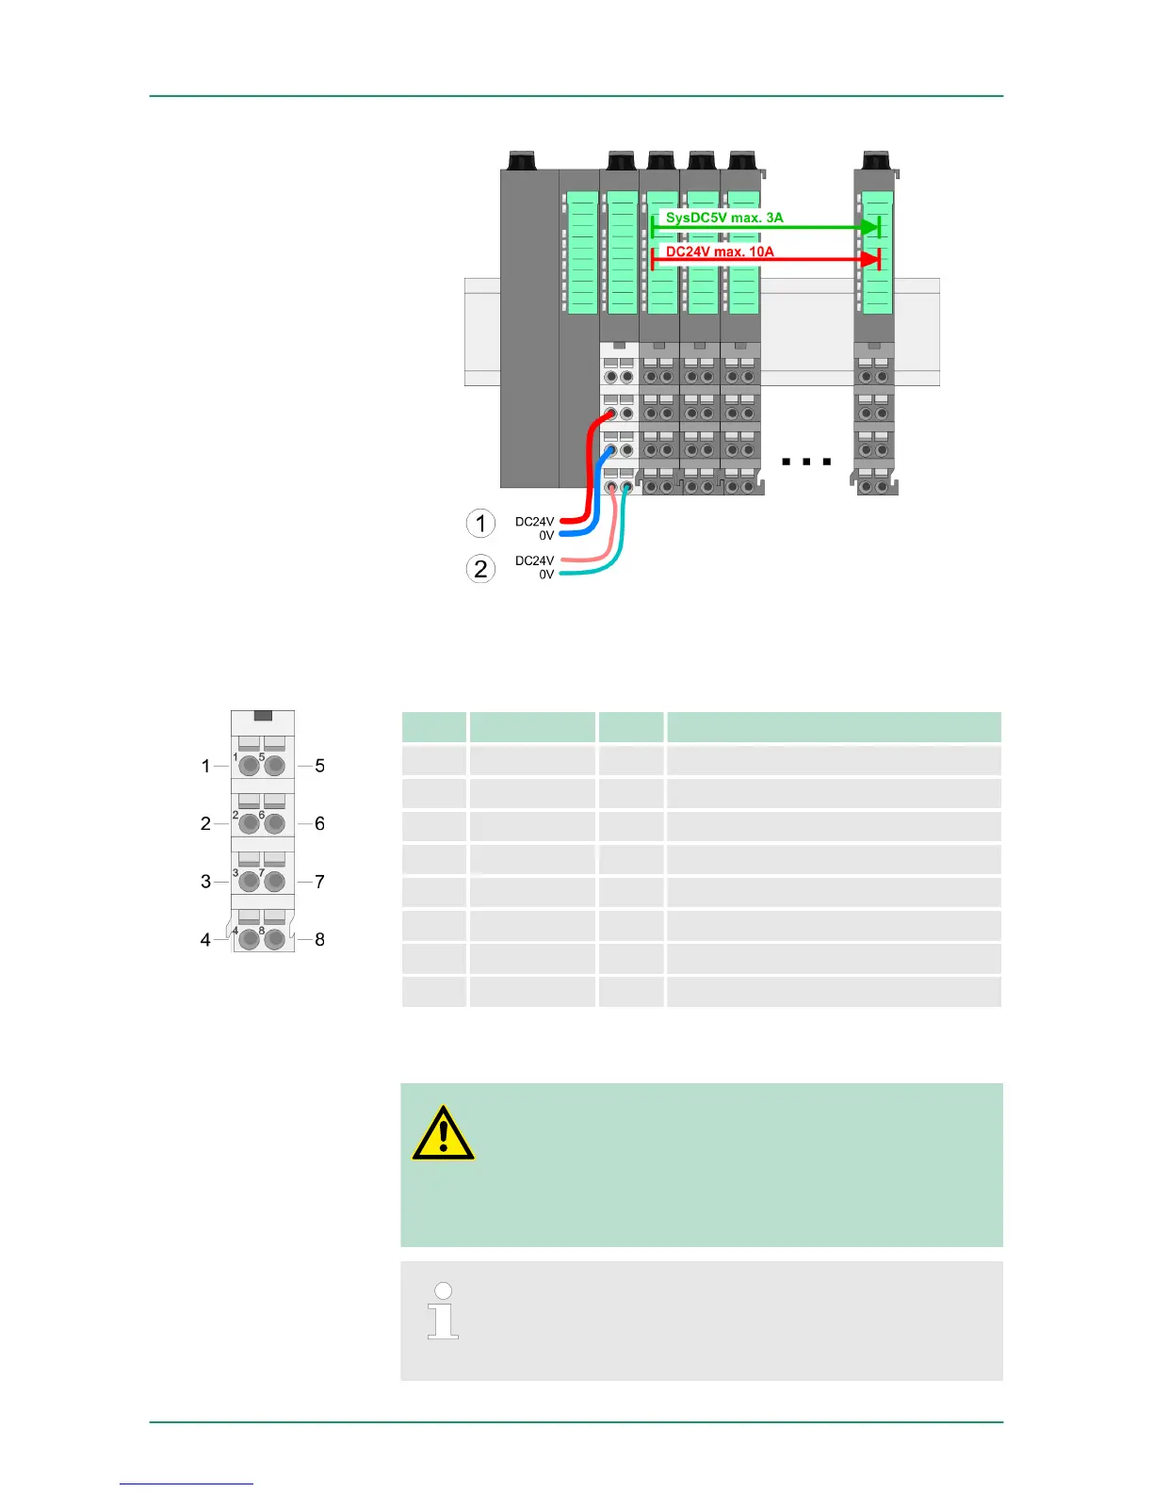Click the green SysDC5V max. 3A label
[x=723, y=218]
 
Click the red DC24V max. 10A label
[x=720, y=251]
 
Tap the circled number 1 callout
[x=480, y=523]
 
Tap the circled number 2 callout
[x=480, y=568]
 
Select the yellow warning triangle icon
[x=443, y=1133]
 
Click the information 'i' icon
[x=443, y=1310]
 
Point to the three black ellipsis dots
[x=806, y=462]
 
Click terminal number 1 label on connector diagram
[x=205, y=766]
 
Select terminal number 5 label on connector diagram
[x=320, y=766]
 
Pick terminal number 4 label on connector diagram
[x=205, y=939]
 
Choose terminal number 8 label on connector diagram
[x=320, y=939]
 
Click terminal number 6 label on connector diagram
[x=320, y=823]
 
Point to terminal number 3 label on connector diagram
[x=205, y=882]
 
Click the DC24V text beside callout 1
[x=534, y=521]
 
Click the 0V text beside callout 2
[x=546, y=575]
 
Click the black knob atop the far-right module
[x=876, y=160]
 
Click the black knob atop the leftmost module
[x=521, y=160]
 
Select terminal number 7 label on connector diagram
[x=320, y=882]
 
